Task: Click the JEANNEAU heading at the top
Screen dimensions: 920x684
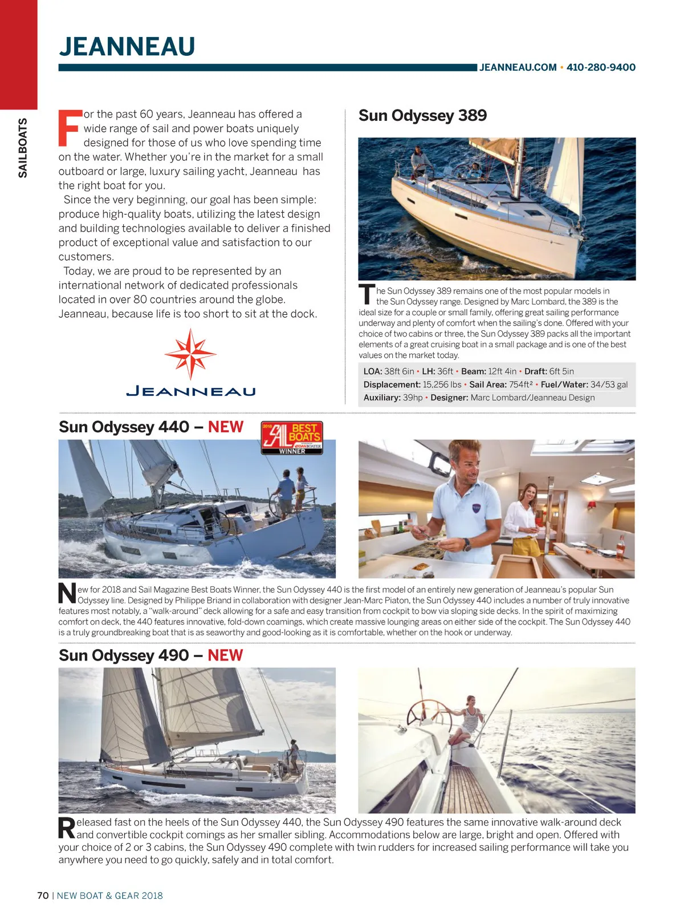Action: [x=127, y=47]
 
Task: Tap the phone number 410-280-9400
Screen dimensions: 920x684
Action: [x=601, y=67]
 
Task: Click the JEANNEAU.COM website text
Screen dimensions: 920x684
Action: [x=518, y=67]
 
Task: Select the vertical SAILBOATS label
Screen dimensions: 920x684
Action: [x=23, y=148]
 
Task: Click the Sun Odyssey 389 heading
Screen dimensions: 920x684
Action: [x=422, y=116]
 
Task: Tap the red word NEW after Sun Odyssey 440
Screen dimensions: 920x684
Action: [x=226, y=427]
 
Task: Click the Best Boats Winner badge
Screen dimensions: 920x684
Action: [x=292, y=437]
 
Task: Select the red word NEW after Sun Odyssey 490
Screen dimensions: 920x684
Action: [x=225, y=655]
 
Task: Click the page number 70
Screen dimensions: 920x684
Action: [x=43, y=895]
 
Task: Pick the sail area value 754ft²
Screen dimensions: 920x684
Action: [x=521, y=384]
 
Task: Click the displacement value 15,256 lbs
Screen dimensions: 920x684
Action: [x=442, y=384]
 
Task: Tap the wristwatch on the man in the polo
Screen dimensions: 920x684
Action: [x=467, y=544]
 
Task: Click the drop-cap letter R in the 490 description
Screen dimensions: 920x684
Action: [x=67, y=828]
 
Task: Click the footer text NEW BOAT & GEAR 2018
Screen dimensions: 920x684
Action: [x=109, y=895]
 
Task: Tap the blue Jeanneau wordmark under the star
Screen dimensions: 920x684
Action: [x=190, y=391]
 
